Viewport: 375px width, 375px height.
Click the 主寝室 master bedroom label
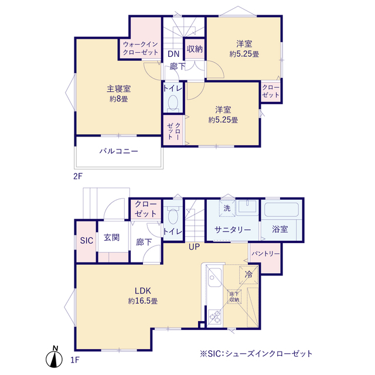[x=118, y=88]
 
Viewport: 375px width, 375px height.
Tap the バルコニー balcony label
[x=118, y=151]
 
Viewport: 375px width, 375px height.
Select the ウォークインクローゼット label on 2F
[x=141, y=48]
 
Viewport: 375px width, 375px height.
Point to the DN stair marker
[x=173, y=54]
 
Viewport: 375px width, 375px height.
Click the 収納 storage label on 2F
[x=195, y=49]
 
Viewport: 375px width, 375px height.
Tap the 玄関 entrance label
[x=112, y=238]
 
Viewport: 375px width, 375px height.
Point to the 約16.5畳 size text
[x=143, y=301]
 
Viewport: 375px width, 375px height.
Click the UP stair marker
[x=195, y=247]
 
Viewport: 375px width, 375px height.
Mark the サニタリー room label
[x=232, y=230]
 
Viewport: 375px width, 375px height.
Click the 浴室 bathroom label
[x=279, y=230]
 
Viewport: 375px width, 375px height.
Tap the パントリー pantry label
[x=265, y=254]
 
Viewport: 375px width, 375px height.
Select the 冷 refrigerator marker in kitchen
[x=248, y=274]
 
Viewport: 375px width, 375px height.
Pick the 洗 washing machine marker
[x=226, y=208]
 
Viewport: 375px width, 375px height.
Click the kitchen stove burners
[x=214, y=316]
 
